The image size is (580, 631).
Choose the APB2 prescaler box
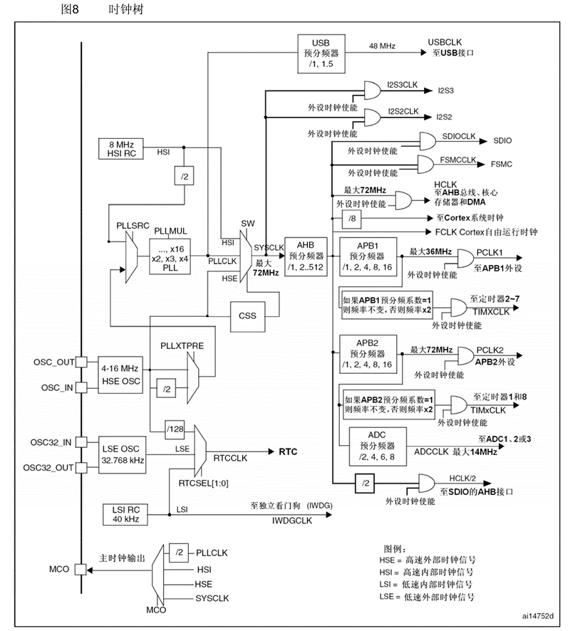367,354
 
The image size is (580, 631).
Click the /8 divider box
352,217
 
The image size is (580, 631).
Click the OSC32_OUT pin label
48,467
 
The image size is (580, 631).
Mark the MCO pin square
82,569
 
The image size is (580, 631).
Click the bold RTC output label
288,452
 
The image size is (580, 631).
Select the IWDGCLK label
292,521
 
